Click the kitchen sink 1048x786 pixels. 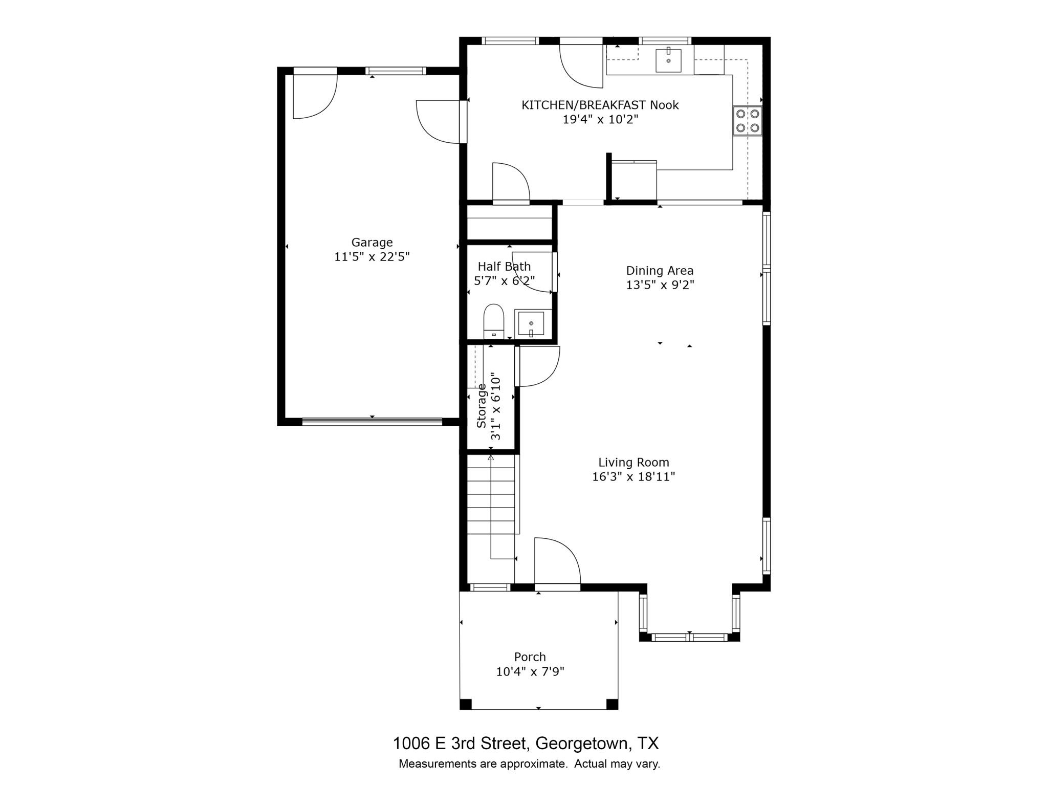(x=668, y=60)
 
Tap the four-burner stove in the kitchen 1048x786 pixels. (x=748, y=121)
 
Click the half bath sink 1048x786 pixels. (x=531, y=323)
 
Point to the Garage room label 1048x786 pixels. (x=372, y=242)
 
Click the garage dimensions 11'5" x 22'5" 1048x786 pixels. (x=372, y=256)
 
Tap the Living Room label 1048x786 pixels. (x=634, y=462)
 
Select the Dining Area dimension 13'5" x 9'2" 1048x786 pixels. (x=660, y=285)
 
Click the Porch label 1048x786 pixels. (x=530, y=657)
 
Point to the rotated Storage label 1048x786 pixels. (x=482, y=405)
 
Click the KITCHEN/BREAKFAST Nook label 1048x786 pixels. (x=600, y=105)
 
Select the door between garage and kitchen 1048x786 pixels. (x=439, y=122)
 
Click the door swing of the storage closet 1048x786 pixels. (x=537, y=366)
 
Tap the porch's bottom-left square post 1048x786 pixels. (x=465, y=704)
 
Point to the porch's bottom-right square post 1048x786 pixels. (x=612, y=704)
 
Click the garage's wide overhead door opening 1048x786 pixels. (x=372, y=422)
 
